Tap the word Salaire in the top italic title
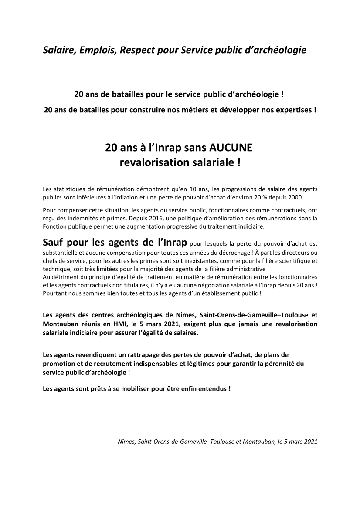59,50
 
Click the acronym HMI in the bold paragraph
98,324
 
